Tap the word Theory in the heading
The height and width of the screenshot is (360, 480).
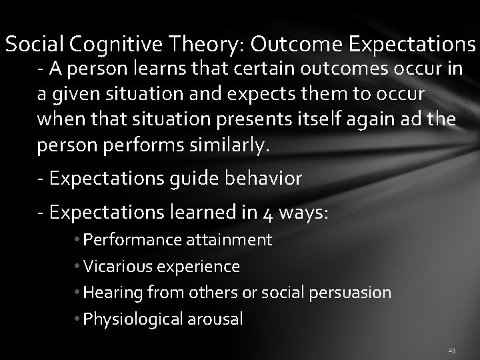(207, 45)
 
